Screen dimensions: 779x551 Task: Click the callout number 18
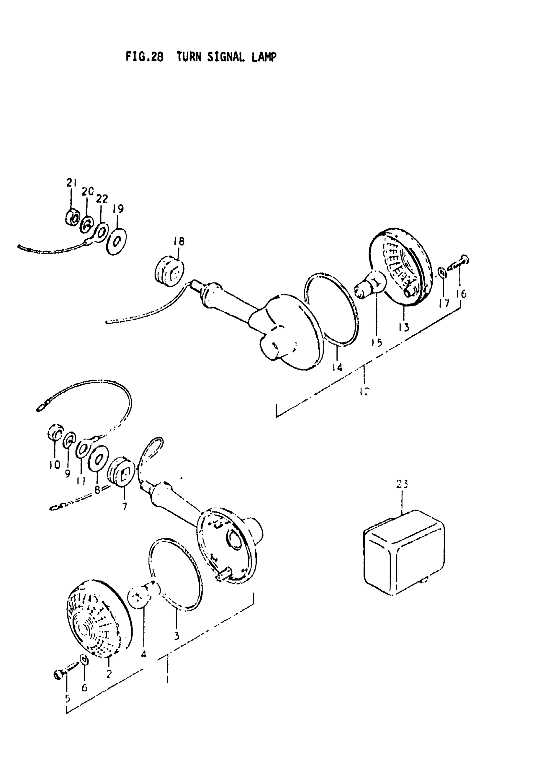(x=179, y=241)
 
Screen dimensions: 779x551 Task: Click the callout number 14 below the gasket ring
(x=337, y=367)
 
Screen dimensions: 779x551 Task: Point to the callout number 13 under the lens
(x=404, y=327)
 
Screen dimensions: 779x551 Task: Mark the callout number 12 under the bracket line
(x=364, y=391)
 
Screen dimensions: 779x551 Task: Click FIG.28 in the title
(x=144, y=57)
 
